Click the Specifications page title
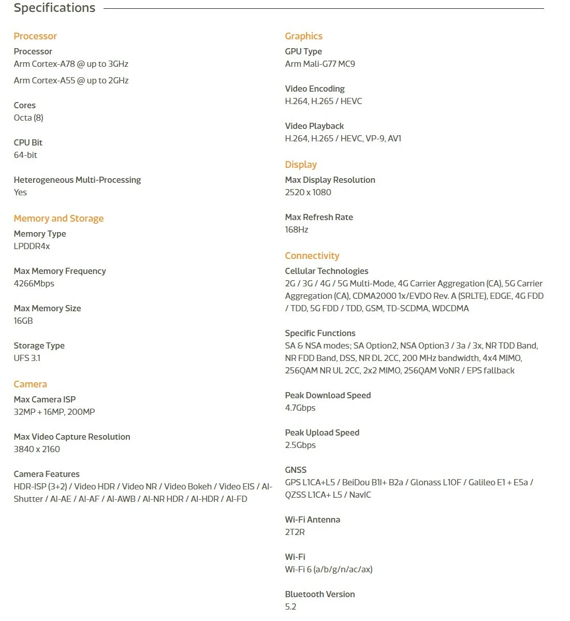[x=54, y=8]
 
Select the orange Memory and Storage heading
[x=59, y=219]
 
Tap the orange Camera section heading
[x=30, y=384]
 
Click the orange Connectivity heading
[x=312, y=256]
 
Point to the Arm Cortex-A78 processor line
[x=71, y=64]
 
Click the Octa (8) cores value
[x=28, y=118]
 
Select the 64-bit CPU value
[x=25, y=155]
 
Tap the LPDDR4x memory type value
[x=32, y=247]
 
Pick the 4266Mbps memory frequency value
[x=34, y=284]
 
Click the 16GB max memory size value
[x=23, y=321]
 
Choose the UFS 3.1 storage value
[x=27, y=358]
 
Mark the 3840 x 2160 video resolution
[x=37, y=450]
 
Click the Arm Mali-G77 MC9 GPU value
[x=320, y=64]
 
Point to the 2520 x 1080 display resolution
[x=308, y=193]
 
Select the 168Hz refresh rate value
[x=297, y=230]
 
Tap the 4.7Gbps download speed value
[x=300, y=408]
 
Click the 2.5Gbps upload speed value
[x=300, y=445]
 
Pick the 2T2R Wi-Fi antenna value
[x=295, y=532]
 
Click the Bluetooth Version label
[x=320, y=595]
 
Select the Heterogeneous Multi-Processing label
[x=77, y=180]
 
